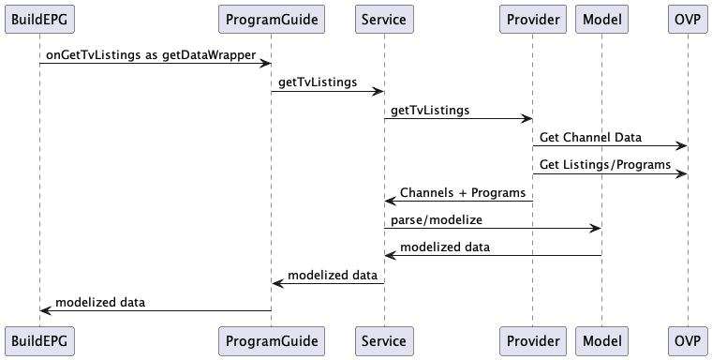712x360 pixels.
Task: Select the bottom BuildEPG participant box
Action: [x=39, y=339]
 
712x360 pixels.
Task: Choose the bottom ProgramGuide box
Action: [x=271, y=339]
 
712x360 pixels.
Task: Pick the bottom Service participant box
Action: [x=383, y=339]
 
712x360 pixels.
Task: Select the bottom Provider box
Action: [x=533, y=339]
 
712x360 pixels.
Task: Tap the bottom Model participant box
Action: [x=601, y=339]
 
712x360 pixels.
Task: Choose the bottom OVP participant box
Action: [x=687, y=339]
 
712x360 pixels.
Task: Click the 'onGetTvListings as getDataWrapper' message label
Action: [x=151, y=55]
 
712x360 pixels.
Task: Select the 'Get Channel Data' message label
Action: [x=590, y=137]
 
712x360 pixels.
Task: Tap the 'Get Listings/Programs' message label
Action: [x=605, y=164]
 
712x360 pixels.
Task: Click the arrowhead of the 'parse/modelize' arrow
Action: [x=596, y=228]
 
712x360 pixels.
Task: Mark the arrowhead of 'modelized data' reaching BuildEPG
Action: [x=45, y=309]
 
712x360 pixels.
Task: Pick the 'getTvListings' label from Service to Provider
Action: [x=430, y=110]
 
